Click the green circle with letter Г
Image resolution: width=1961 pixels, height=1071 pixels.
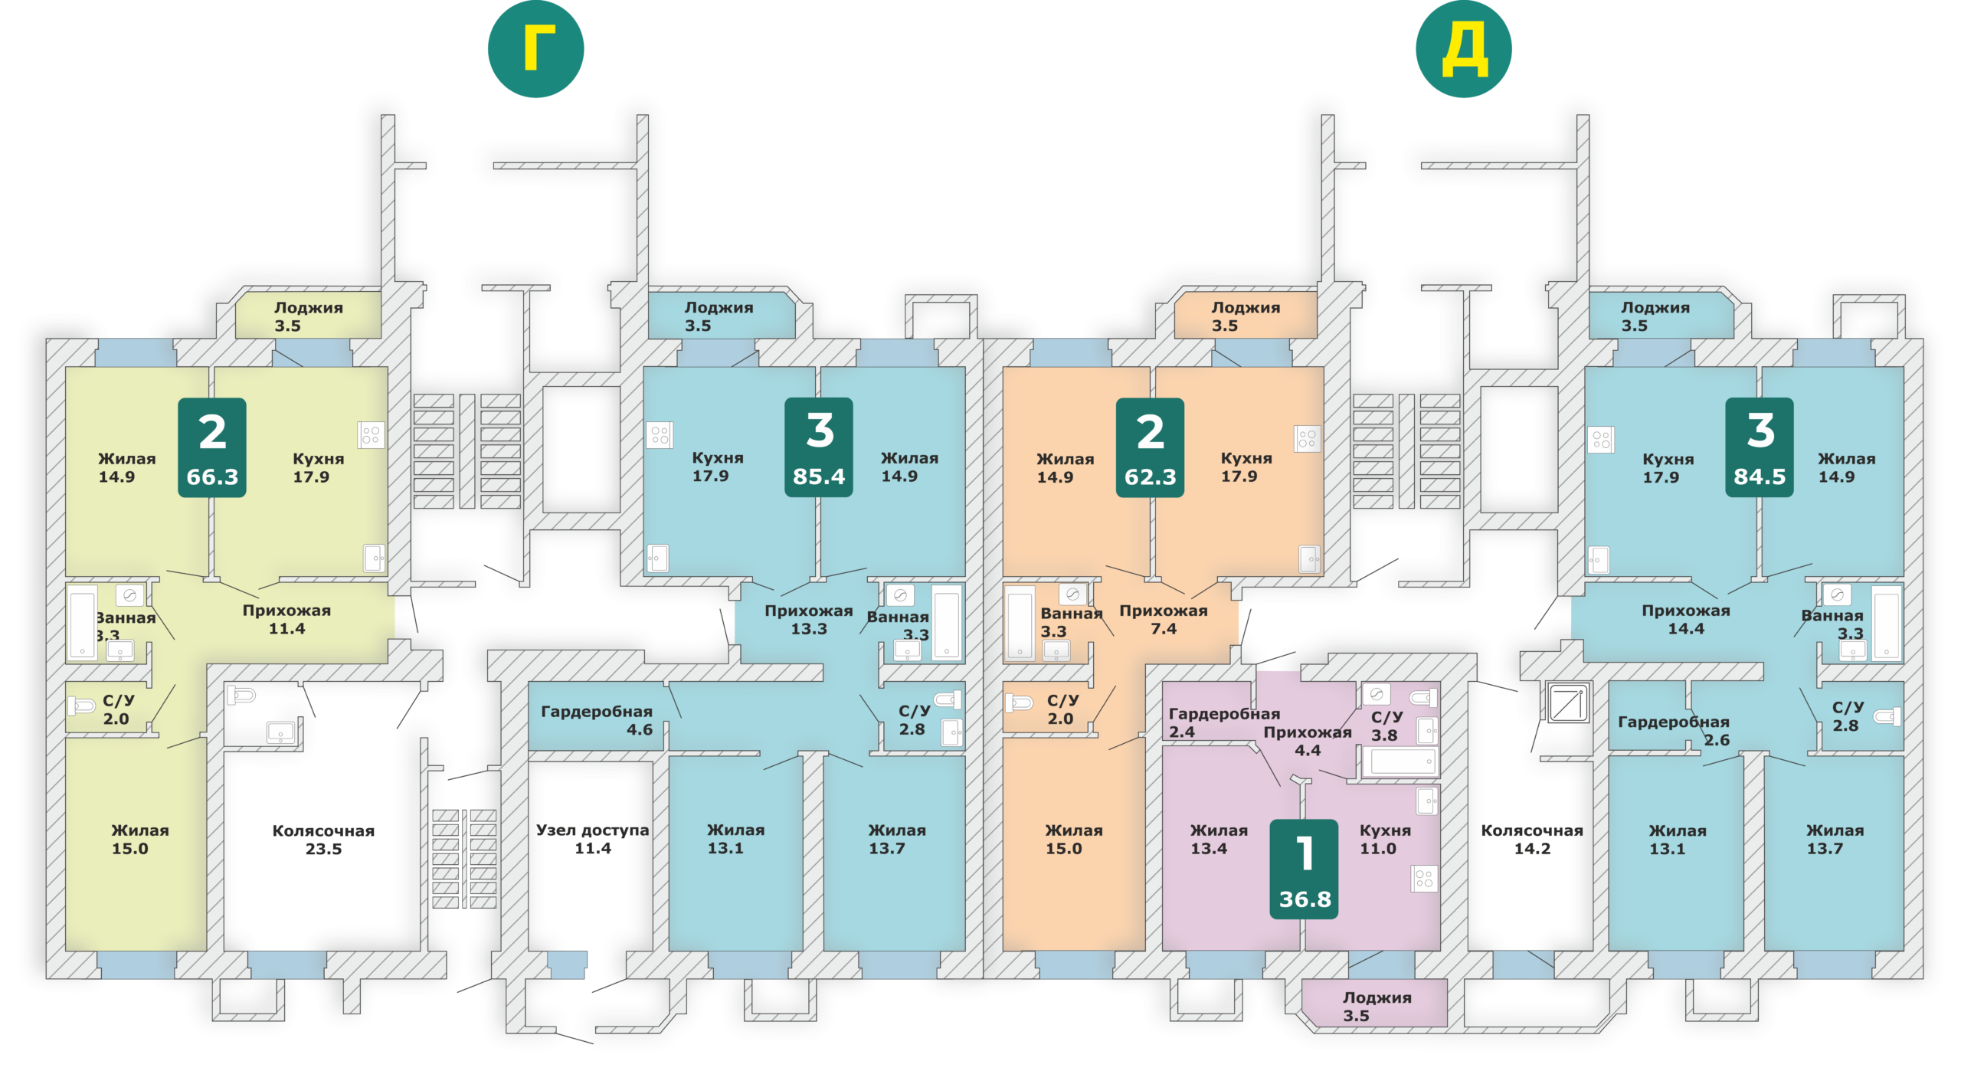(x=535, y=49)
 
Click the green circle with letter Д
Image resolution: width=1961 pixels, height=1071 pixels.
(x=1463, y=49)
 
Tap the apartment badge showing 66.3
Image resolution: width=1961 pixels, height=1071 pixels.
(x=212, y=447)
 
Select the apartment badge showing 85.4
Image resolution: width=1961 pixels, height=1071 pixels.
(x=819, y=447)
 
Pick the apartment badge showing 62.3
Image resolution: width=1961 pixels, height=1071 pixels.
(x=1150, y=447)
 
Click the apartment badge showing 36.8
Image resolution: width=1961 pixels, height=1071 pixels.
(x=1305, y=869)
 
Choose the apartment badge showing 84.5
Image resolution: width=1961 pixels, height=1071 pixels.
(x=1760, y=447)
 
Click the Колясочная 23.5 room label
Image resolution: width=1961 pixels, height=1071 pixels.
(x=323, y=840)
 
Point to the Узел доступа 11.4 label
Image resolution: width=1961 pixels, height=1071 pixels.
(x=592, y=839)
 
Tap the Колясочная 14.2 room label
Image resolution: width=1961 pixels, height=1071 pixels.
(x=1532, y=840)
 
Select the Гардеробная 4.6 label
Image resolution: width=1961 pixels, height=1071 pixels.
(x=597, y=720)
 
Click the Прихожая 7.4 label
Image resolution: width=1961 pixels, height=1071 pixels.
(x=1164, y=620)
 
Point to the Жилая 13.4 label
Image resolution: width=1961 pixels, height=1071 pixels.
(x=1219, y=840)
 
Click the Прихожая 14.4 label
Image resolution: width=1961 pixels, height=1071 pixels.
(x=1686, y=620)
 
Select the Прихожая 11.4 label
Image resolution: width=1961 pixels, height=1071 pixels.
(x=286, y=620)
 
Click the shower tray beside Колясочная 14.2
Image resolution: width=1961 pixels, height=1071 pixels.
(x=1568, y=703)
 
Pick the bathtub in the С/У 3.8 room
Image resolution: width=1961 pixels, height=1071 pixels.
(x=1402, y=761)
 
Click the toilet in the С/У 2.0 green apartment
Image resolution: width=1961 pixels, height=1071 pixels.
(x=81, y=705)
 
